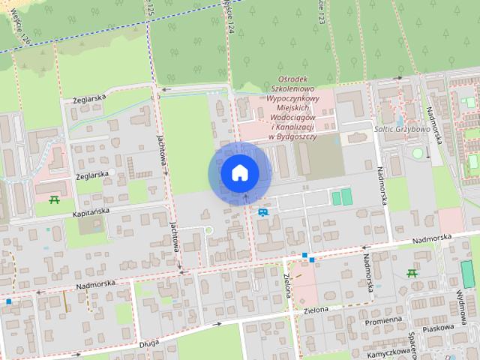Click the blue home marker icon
(x=238, y=172)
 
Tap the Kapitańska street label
(x=92, y=214)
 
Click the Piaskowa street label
(x=438, y=327)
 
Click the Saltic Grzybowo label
(x=401, y=129)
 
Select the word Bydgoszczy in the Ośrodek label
(x=298, y=136)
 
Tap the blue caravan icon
(x=262, y=212)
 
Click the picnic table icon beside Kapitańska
(x=54, y=199)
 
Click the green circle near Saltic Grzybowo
(x=417, y=153)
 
